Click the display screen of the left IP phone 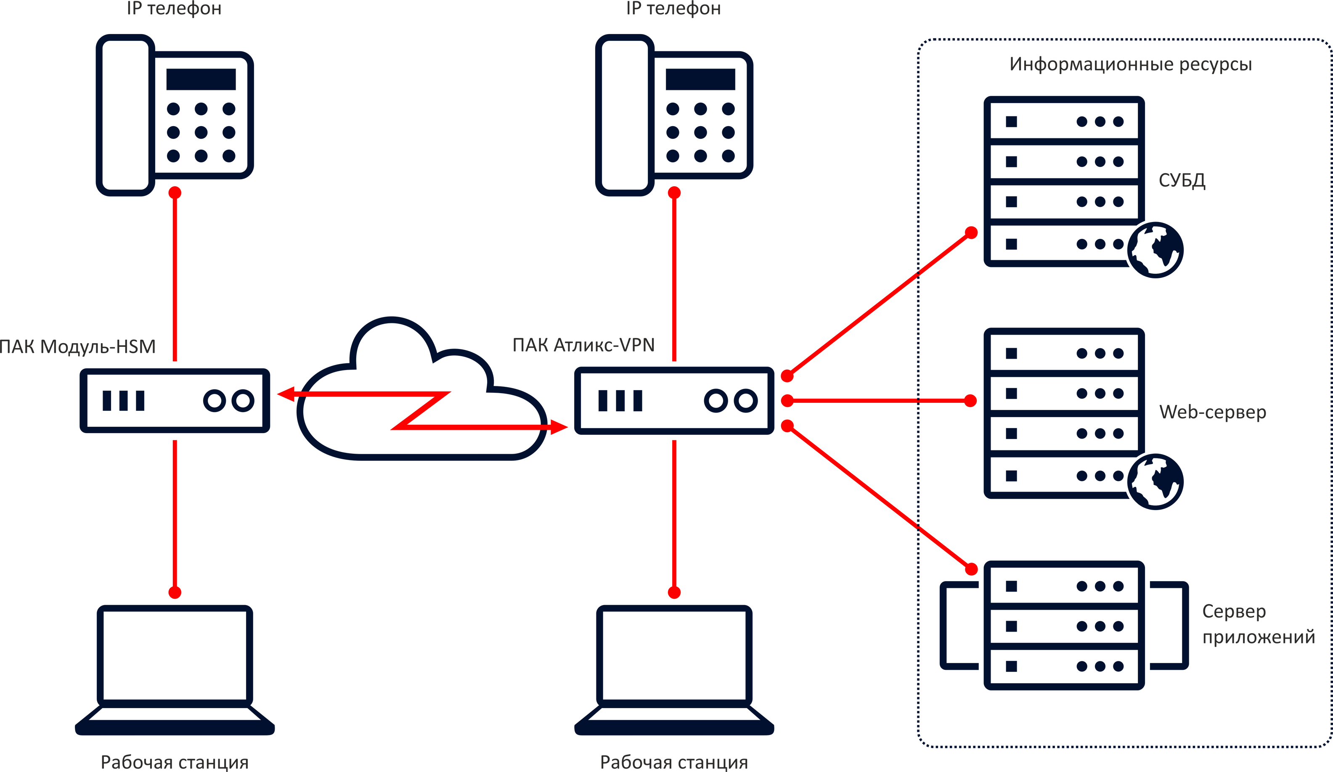pyautogui.click(x=204, y=78)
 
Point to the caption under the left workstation pyautogui.click(x=175, y=757)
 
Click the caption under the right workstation pyautogui.click(x=674, y=757)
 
